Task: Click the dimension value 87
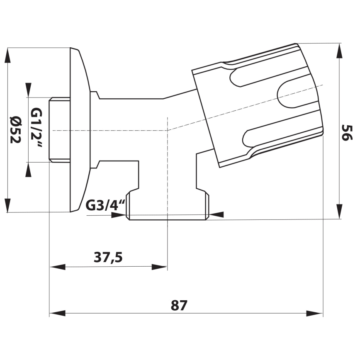click(179, 305)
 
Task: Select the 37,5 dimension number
click(108, 258)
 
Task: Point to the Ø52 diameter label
click(15, 129)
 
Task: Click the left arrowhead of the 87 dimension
click(57, 313)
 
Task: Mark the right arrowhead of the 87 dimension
click(315, 313)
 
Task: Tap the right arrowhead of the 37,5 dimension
click(159, 267)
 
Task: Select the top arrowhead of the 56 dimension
click(339, 51)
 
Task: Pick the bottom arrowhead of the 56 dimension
click(339, 211)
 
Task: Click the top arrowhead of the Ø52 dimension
click(7, 56)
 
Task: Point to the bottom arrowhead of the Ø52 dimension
click(7, 205)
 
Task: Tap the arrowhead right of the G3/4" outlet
click(216, 214)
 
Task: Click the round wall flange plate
click(80, 129)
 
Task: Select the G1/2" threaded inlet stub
click(59, 129)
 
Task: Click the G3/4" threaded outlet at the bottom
click(168, 205)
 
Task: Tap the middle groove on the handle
click(297, 94)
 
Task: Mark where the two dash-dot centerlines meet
click(167, 130)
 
